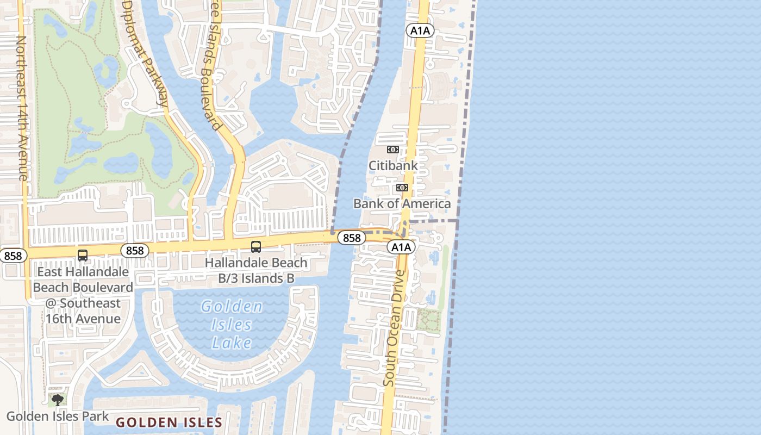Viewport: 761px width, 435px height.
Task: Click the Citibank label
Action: click(393, 165)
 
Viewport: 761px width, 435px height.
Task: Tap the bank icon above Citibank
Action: click(392, 150)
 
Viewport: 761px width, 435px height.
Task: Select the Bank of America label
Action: click(402, 203)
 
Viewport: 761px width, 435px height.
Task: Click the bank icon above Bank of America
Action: click(402, 188)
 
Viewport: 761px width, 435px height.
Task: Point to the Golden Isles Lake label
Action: click(232, 325)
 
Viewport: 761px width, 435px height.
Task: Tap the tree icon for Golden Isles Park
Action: click(57, 401)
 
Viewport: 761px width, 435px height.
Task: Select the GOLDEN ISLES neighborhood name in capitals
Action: click(169, 422)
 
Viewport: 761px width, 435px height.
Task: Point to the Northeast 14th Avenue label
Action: click(22, 108)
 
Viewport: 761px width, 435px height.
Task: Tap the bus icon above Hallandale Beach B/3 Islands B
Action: click(256, 247)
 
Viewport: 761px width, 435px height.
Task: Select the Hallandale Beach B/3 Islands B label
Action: click(256, 270)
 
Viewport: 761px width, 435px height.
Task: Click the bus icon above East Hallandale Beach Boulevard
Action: click(83, 256)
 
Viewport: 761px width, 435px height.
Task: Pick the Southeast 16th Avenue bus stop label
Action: click(83, 295)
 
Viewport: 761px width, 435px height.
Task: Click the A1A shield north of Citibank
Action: click(420, 31)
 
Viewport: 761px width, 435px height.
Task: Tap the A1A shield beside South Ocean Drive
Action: click(401, 247)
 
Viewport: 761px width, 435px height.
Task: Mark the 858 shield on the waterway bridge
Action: click(351, 238)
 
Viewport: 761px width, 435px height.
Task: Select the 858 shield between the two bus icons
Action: click(134, 250)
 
